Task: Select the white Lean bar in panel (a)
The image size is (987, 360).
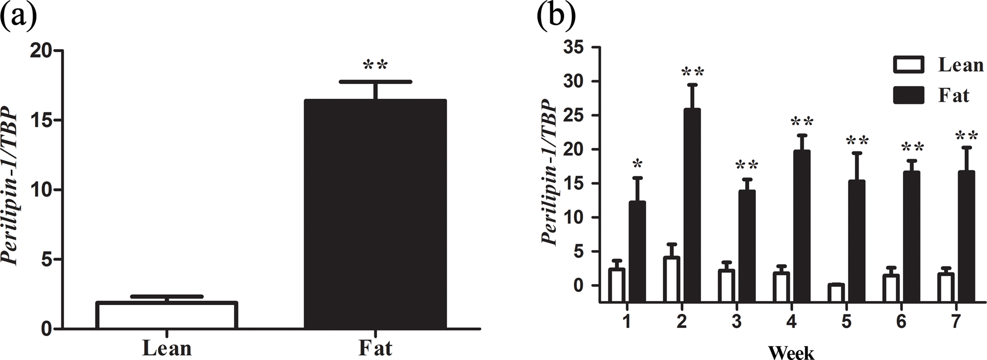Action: point(167,315)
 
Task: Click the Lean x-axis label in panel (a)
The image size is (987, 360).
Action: point(167,348)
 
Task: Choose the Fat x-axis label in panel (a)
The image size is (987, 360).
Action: point(375,348)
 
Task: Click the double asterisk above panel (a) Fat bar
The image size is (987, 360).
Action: point(375,65)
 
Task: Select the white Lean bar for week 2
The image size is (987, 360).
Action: point(671,279)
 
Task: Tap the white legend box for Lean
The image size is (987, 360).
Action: point(908,65)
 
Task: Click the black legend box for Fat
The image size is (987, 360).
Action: point(908,95)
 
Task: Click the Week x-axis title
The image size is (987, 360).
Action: point(791,353)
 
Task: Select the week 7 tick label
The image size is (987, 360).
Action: point(955,322)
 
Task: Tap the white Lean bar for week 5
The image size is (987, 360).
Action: point(836,293)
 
